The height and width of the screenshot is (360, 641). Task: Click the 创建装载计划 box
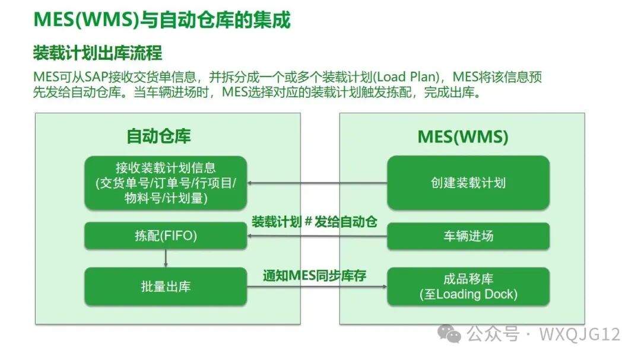point(468,183)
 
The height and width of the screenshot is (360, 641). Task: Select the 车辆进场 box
point(468,236)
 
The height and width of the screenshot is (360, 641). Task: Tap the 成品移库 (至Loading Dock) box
point(468,286)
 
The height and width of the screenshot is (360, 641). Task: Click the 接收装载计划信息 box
point(166,183)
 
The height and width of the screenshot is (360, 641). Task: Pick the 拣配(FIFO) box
point(166,236)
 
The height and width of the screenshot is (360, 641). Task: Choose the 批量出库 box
point(166,286)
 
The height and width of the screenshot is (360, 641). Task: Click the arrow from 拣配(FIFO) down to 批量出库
point(166,259)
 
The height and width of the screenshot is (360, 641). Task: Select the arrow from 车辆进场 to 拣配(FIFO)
point(317,237)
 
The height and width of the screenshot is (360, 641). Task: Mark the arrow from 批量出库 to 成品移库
point(317,288)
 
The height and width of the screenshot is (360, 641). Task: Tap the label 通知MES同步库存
point(315,276)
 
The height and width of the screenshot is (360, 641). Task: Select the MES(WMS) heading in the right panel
point(463,136)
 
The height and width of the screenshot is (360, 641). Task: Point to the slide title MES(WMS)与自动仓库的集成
point(161,20)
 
